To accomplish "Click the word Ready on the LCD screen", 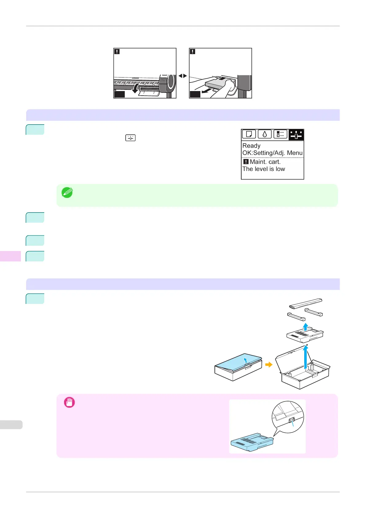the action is [x=251, y=146].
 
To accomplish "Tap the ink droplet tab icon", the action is [x=265, y=134].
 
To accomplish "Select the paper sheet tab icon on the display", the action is [x=249, y=134].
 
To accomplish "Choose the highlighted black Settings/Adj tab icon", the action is [x=296, y=135].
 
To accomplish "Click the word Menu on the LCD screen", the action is [x=295, y=153].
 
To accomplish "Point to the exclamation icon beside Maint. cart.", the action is [x=246, y=162].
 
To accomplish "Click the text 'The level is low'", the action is [x=264, y=169].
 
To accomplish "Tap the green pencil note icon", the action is [x=67, y=193].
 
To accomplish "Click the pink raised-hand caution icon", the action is [x=69, y=403].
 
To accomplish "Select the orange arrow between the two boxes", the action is [x=269, y=365].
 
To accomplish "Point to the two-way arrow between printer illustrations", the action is [x=183, y=76].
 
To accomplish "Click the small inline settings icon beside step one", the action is [x=130, y=138].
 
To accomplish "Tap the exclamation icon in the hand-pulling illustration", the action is [x=192, y=52].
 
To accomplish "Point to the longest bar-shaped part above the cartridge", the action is [x=305, y=303].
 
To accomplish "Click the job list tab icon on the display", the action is [x=280, y=134].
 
